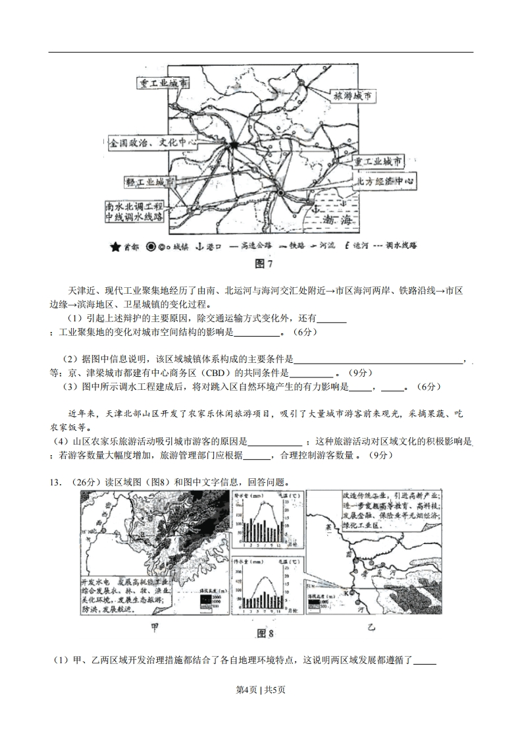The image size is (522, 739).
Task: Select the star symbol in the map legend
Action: point(116,247)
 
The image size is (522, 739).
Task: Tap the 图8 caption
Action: point(265,634)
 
